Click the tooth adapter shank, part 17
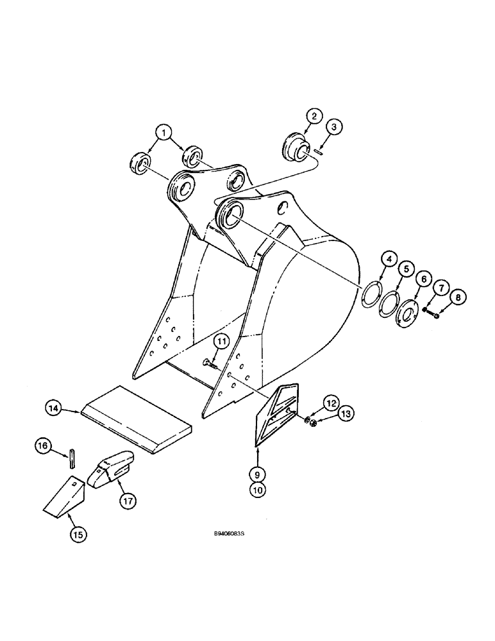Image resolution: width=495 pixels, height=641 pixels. (114, 470)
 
